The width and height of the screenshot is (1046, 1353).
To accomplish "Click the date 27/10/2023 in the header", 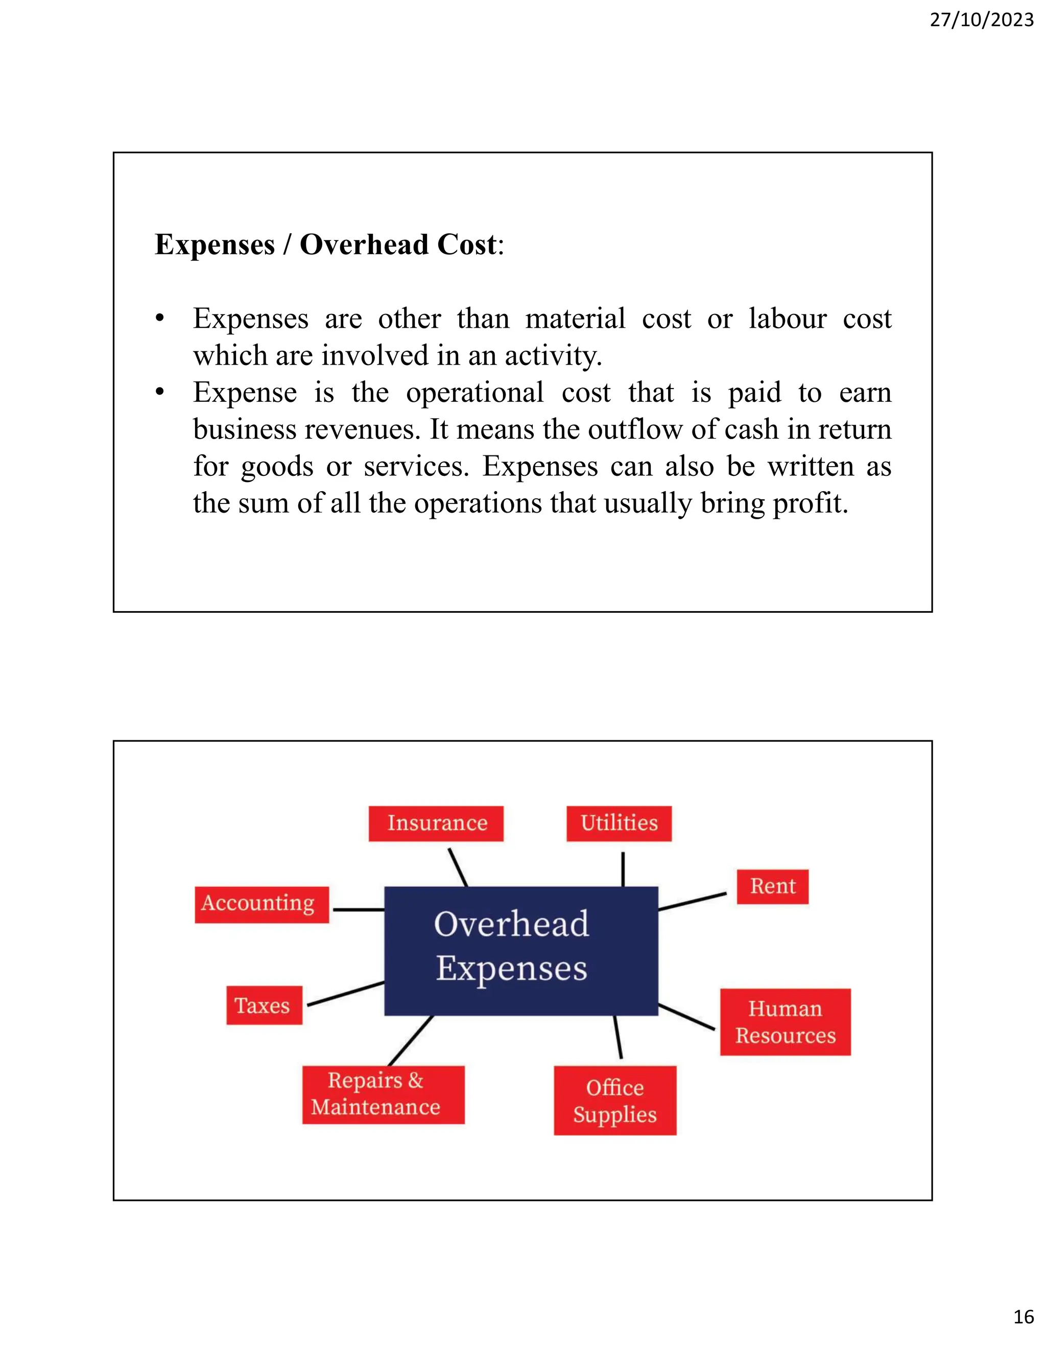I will pyautogui.click(x=982, y=20).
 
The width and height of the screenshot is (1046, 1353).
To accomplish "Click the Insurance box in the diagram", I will pyautogui.click(x=436, y=824).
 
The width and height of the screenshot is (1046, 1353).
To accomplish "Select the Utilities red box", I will pyautogui.click(x=619, y=824).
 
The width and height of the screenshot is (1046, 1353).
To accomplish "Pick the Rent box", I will pyautogui.click(x=772, y=886).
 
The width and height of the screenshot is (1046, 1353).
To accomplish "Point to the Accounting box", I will pyautogui.click(x=261, y=905).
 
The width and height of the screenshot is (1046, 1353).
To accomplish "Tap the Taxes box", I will pyautogui.click(x=264, y=1005).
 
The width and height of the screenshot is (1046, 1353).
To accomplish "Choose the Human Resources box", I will pyautogui.click(x=785, y=1022).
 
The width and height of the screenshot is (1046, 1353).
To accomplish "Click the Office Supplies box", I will pyautogui.click(x=615, y=1101).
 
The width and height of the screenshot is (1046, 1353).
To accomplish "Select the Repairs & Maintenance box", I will pyautogui.click(x=383, y=1095).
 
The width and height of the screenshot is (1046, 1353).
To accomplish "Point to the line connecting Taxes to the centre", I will pyautogui.click(x=346, y=994).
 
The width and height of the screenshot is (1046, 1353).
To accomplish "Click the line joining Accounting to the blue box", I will pyautogui.click(x=359, y=909).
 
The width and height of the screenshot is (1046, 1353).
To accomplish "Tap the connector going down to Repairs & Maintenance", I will pyautogui.click(x=411, y=1041).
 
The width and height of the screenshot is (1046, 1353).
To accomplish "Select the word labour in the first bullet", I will pyautogui.click(x=787, y=319).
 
